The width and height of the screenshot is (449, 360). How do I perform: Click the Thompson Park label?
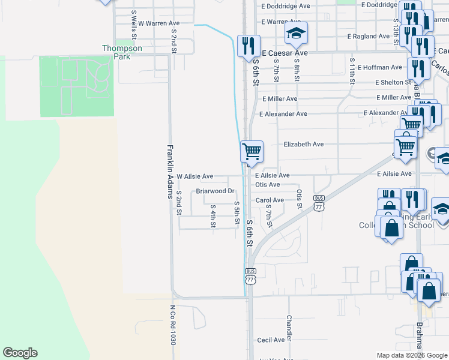[122, 52]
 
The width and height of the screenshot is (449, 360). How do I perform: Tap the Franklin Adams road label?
[170, 172]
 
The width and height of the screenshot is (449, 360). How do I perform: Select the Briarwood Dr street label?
[215, 191]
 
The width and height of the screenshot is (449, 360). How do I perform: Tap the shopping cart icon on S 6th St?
[252, 151]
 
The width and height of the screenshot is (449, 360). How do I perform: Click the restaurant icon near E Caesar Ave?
[248, 46]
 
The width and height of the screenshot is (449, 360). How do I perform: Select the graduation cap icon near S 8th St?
[296, 34]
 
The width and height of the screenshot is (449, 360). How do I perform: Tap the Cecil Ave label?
[270, 340]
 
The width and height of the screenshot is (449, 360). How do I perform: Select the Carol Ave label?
[270, 200]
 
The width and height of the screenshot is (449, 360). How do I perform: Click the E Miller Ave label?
[280, 98]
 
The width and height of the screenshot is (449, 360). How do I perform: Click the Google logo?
[20, 353]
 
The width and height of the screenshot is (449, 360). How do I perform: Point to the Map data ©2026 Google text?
[412, 355]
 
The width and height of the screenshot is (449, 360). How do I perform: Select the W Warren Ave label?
[159, 23]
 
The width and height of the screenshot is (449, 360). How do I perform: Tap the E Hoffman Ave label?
[379, 68]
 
